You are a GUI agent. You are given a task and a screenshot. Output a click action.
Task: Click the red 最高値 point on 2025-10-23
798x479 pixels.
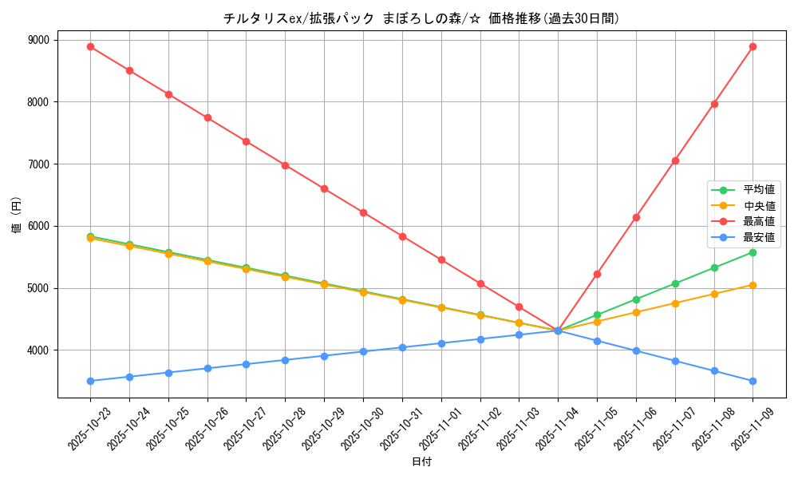pyautogui.click(x=90, y=46)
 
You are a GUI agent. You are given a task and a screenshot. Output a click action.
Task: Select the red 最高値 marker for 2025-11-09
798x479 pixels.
pyautogui.click(x=753, y=46)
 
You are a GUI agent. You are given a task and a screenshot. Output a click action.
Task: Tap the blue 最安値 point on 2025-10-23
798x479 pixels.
pyautogui.click(x=90, y=381)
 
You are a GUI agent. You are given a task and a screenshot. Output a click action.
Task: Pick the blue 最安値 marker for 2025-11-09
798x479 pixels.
pyautogui.click(x=753, y=381)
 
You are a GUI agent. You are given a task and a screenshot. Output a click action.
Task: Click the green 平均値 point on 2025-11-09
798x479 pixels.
pyautogui.click(x=753, y=252)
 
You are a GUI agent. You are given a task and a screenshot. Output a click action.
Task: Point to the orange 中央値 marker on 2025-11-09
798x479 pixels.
pyautogui.click(x=753, y=285)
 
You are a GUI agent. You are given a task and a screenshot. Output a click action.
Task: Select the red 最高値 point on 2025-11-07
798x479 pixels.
pyautogui.click(x=675, y=160)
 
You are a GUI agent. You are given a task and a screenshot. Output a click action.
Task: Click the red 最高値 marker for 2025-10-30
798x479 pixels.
pyautogui.click(x=363, y=212)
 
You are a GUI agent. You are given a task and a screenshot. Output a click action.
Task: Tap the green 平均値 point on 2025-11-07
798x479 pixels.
pyautogui.click(x=675, y=283)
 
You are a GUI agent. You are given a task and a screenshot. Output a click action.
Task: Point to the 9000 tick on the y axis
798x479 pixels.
pyautogui.click(x=38, y=40)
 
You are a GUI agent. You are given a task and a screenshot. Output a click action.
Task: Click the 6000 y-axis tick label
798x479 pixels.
pyautogui.click(x=38, y=226)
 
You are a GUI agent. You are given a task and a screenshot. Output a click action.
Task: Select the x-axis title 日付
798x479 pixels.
pyautogui.click(x=421, y=462)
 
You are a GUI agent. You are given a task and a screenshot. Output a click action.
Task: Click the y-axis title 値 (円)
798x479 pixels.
pyautogui.click(x=16, y=215)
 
